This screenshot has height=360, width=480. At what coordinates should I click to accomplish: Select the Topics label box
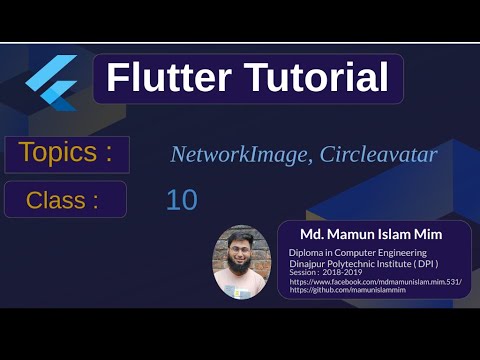pos(67,155)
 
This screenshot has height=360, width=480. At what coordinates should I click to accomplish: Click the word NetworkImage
pos(231,155)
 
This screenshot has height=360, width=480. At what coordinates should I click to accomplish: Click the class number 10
pos(181,200)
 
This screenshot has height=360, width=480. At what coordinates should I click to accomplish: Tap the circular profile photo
pos(241,261)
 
